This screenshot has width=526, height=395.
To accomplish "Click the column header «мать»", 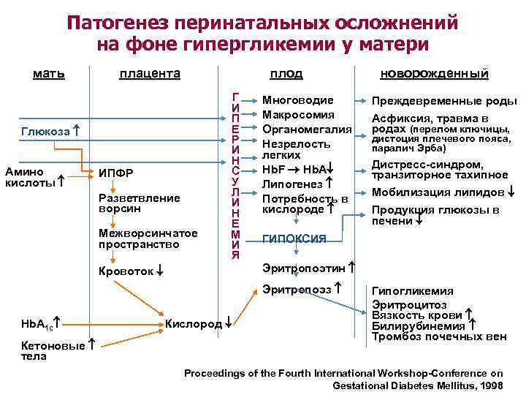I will click(49, 73).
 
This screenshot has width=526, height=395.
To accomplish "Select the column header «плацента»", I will click(150, 73).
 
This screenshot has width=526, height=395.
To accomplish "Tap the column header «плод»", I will click(286, 73).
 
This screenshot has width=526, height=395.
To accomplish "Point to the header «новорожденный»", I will click(434, 73).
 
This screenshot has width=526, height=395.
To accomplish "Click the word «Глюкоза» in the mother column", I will click(45, 132).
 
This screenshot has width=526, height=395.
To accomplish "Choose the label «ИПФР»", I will click(115, 173).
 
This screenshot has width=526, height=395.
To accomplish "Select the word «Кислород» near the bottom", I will click(193, 323).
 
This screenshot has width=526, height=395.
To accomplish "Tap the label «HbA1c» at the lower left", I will click(35, 323).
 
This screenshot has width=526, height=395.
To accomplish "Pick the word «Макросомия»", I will click(298, 115).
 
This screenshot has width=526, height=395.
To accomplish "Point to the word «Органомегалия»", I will click(307, 129).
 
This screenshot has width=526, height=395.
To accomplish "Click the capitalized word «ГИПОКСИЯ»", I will click(294, 238).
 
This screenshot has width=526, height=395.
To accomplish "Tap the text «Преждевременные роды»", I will click(444, 101).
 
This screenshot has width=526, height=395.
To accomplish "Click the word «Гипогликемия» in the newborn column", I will click(413, 290).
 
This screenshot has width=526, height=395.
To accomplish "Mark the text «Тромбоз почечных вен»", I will click(438, 337).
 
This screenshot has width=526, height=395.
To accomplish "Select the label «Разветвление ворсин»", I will click(139, 203).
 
